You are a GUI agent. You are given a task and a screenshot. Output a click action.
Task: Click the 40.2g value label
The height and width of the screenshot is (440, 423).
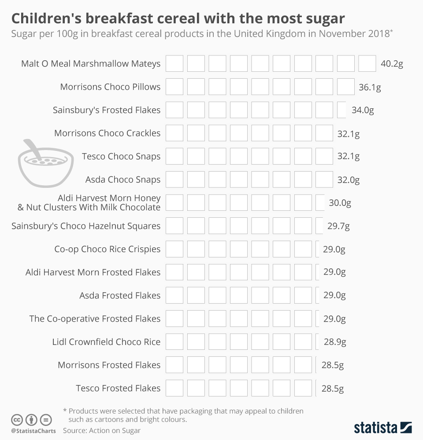coord(392,64)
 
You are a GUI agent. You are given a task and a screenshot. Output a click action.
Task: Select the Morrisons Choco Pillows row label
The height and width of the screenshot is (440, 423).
coord(110,87)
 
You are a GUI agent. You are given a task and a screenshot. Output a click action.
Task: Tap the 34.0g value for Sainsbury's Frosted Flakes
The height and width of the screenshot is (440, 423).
coord(363,110)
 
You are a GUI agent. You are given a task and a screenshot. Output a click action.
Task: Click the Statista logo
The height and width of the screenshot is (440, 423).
coord(383,427)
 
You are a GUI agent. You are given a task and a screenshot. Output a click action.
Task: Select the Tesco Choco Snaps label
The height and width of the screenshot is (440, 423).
coord(121,156)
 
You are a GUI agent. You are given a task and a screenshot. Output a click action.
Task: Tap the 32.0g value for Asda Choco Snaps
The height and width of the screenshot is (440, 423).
coord(349,180)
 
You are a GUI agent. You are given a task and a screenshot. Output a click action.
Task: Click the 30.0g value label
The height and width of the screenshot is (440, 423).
coord(340,203)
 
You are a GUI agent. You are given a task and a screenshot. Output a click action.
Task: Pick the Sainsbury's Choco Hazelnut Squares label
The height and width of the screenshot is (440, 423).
coord(86,226)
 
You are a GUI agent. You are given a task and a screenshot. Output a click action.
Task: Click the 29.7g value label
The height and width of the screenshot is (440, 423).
coord(338,226)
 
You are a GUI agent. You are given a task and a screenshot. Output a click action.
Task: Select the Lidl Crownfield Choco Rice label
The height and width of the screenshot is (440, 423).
coord(106,342)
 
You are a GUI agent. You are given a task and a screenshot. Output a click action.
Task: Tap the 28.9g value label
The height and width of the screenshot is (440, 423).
coord(335,342)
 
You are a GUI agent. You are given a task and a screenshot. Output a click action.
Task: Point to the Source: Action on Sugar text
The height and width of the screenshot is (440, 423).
coord(102,430)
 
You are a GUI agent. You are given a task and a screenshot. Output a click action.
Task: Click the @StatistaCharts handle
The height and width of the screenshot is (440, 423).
coord(33,431)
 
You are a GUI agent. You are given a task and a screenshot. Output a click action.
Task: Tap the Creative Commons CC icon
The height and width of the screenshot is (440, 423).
coord(17,419)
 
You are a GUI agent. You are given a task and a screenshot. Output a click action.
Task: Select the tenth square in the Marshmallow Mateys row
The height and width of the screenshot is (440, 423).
coord(367,64)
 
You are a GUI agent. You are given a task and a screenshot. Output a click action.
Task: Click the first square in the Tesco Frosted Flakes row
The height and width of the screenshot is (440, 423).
coord(174,388)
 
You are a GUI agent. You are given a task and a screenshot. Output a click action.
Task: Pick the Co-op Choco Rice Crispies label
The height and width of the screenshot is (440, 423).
coord(107,249)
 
